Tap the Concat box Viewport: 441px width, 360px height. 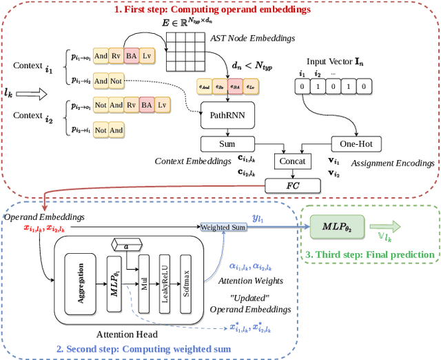[x=292, y=161]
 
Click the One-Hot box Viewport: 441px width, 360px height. [x=356, y=143]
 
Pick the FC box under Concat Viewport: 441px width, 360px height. [x=292, y=185]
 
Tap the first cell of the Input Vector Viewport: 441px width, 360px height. [x=301, y=86]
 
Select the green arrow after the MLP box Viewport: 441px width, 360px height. [x=384, y=227]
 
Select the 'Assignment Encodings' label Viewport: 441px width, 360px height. [x=392, y=164]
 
